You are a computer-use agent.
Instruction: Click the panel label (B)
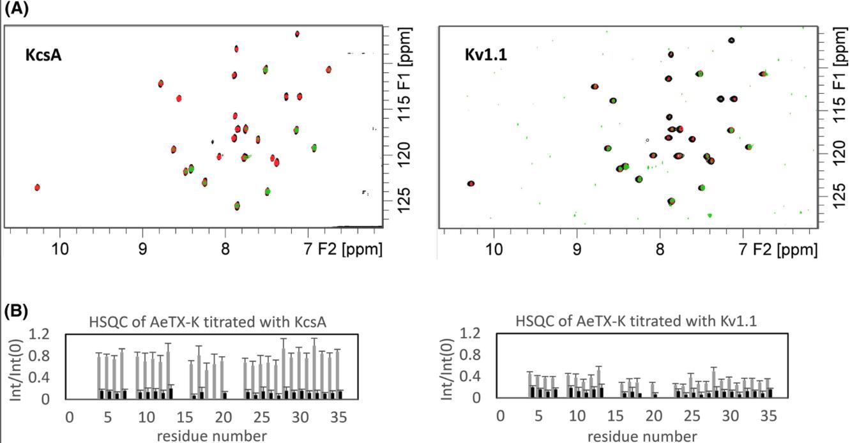point(16,312)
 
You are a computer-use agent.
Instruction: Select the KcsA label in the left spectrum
point(43,55)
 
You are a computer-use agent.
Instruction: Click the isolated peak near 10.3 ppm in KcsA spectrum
point(37,187)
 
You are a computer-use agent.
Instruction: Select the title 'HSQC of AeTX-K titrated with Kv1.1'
point(636,321)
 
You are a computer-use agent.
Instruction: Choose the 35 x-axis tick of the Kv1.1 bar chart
point(769,416)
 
